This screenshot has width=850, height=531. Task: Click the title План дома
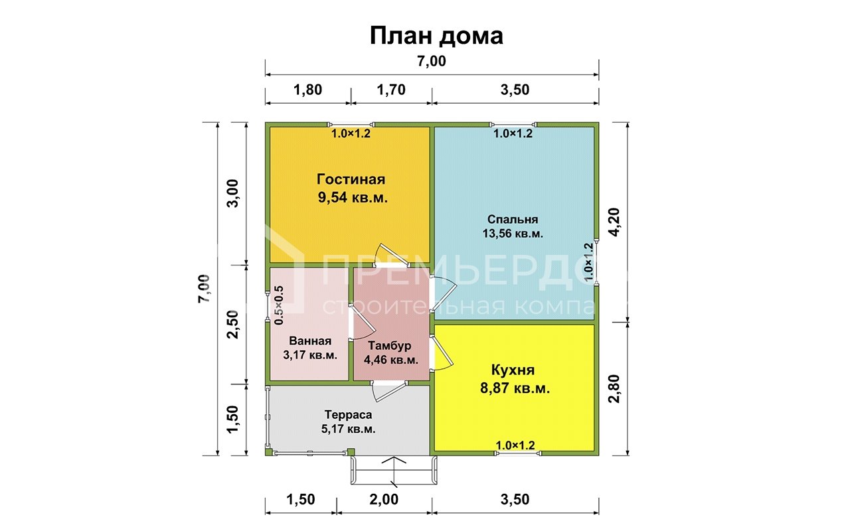(x=436, y=36)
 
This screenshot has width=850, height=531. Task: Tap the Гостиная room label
(x=351, y=180)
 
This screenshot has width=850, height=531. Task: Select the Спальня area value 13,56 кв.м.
(x=513, y=234)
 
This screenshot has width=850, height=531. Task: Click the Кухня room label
(x=513, y=370)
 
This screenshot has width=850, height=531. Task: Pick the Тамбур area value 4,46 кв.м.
(x=390, y=360)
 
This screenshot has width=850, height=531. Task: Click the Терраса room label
(x=348, y=414)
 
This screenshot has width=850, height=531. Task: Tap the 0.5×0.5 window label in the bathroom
(x=279, y=305)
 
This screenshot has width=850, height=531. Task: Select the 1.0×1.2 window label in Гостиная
(x=351, y=133)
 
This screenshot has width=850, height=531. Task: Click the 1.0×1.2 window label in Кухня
(x=515, y=445)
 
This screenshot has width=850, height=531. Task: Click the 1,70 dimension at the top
(x=390, y=90)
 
